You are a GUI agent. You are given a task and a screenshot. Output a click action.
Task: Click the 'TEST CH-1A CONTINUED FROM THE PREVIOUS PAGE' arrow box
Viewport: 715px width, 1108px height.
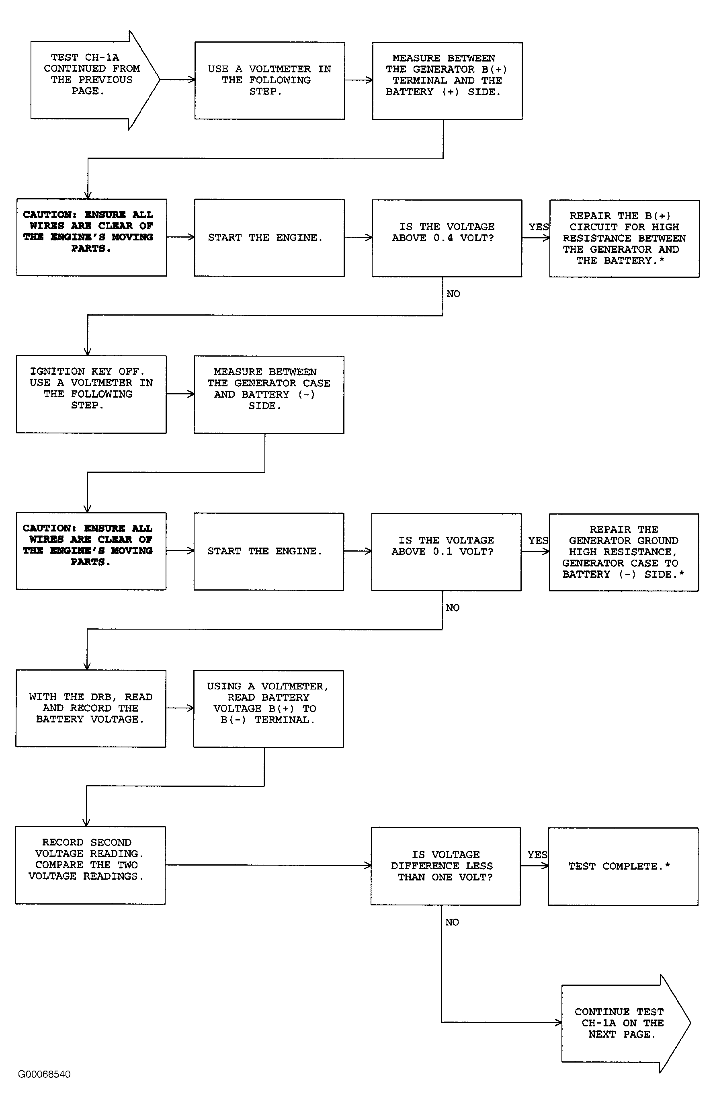pyautogui.click(x=95, y=80)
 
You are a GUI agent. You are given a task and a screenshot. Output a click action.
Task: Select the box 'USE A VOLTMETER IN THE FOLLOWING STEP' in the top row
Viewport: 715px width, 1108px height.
pyautogui.click(x=270, y=81)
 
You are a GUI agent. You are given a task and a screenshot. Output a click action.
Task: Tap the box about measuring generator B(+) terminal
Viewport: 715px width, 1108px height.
pyautogui.click(x=447, y=81)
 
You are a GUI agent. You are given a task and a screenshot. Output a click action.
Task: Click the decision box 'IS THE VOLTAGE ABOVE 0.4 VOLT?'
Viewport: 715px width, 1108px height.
pyautogui.click(x=447, y=238)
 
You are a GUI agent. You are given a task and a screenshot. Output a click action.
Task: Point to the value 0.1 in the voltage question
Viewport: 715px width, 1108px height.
pyautogui.click(x=443, y=551)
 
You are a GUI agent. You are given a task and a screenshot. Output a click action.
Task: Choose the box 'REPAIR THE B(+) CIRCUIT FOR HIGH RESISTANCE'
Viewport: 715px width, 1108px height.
pyautogui.click(x=625, y=239)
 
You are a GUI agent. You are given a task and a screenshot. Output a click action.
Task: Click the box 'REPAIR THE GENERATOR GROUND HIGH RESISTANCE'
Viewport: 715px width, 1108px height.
pyautogui.click(x=624, y=552)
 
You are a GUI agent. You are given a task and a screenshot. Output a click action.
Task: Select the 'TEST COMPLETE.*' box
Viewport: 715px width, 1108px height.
pyautogui.click(x=623, y=866)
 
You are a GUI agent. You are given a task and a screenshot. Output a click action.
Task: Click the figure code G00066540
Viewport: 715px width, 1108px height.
pyautogui.click(x=44, y=1074)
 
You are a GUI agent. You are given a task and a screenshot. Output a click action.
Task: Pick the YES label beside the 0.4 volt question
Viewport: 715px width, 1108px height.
pyautogui.click(x=539, y=227)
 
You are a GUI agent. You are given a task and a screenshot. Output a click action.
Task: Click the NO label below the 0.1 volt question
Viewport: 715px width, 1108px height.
pyautogui.click(x=453, y=607)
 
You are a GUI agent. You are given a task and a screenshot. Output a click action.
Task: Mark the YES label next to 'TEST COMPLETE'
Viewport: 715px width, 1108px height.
pyautogui.click(x=537, y=854)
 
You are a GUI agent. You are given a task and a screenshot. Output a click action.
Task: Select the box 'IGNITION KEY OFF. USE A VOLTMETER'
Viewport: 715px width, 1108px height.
pyautogui.click(x=92, y=394)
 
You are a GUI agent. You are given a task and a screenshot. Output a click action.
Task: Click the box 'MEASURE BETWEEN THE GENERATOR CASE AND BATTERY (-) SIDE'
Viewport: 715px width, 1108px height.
pyautogui.click(x=269, y=395)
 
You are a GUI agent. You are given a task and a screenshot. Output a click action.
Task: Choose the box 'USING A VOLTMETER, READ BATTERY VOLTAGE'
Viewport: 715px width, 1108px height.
pyautogui.click(x=268, y=709)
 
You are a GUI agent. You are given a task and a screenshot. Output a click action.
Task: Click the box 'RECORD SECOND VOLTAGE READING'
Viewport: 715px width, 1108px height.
pyautogui.click(x=90, y=865)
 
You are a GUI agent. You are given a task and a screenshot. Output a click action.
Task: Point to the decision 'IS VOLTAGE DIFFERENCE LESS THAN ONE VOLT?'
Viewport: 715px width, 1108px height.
pyautogui.click(x=446, y=866)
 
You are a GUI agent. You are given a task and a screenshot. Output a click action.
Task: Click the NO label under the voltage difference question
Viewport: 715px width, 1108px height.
pyautogui.click(x=452, y=922)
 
